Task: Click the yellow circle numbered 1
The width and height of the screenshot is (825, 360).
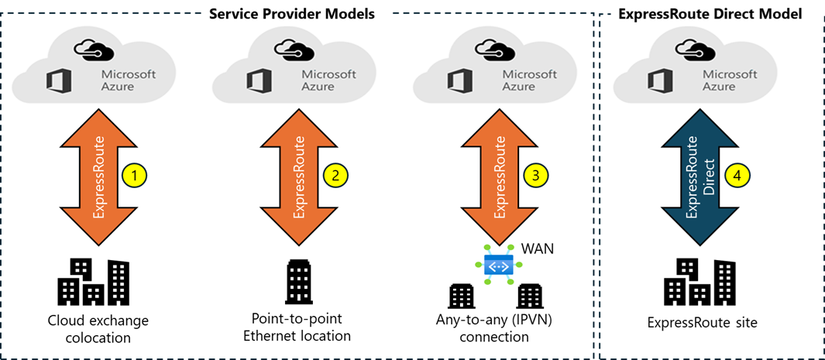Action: point(135,176)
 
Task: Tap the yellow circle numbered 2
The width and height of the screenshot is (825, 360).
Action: point(335,176)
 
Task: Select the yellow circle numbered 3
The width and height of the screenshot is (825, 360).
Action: point(535,176)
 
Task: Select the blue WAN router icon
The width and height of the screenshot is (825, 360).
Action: point(497,266)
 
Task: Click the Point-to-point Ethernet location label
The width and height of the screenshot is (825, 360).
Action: point(297,327)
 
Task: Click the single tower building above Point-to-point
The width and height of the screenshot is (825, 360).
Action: point(297,281)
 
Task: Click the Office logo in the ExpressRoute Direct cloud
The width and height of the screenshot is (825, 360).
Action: point(659,81)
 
